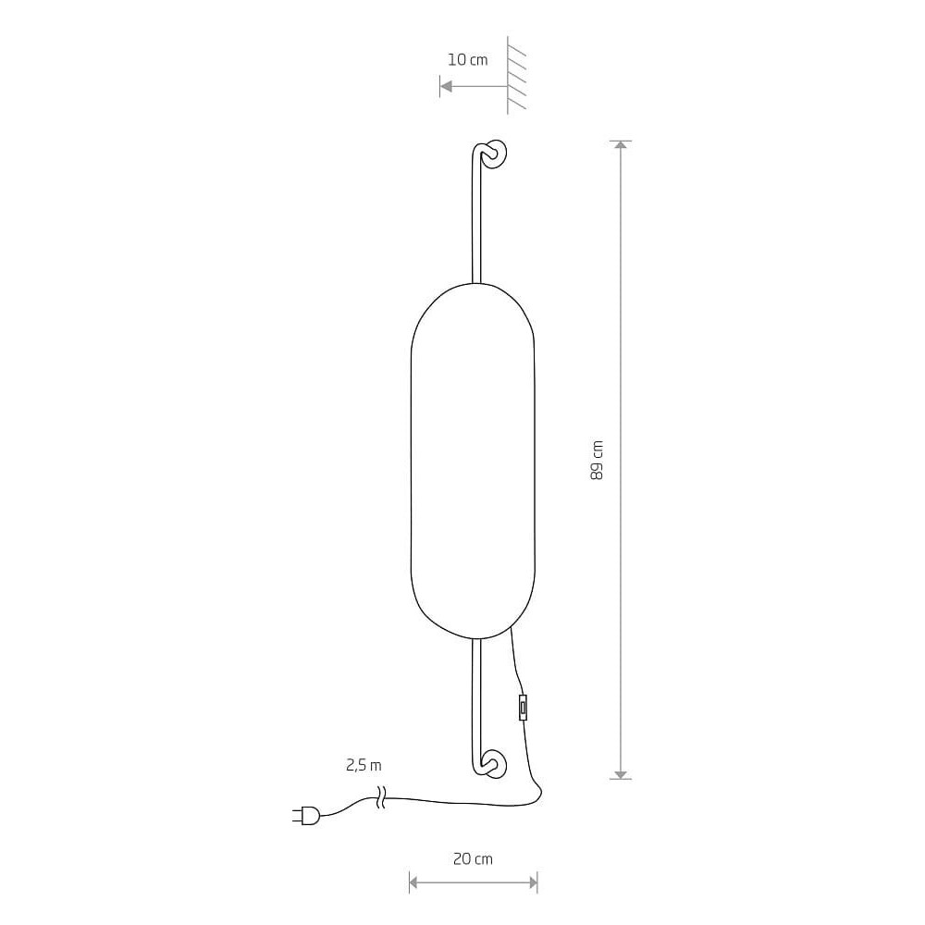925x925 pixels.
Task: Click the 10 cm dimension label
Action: [468, 59]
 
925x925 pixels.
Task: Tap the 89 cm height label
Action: [597, 460]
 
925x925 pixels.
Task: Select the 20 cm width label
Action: [473, 859]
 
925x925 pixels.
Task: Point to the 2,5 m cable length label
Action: [364, 766]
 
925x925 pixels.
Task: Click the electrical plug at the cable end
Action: [306, 816]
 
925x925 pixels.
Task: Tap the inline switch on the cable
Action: [523, 708]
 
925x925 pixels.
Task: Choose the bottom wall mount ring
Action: [494, 764]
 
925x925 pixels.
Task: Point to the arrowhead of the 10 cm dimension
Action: [446, 87]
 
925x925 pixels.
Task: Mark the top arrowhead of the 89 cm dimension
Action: [620, 146]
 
